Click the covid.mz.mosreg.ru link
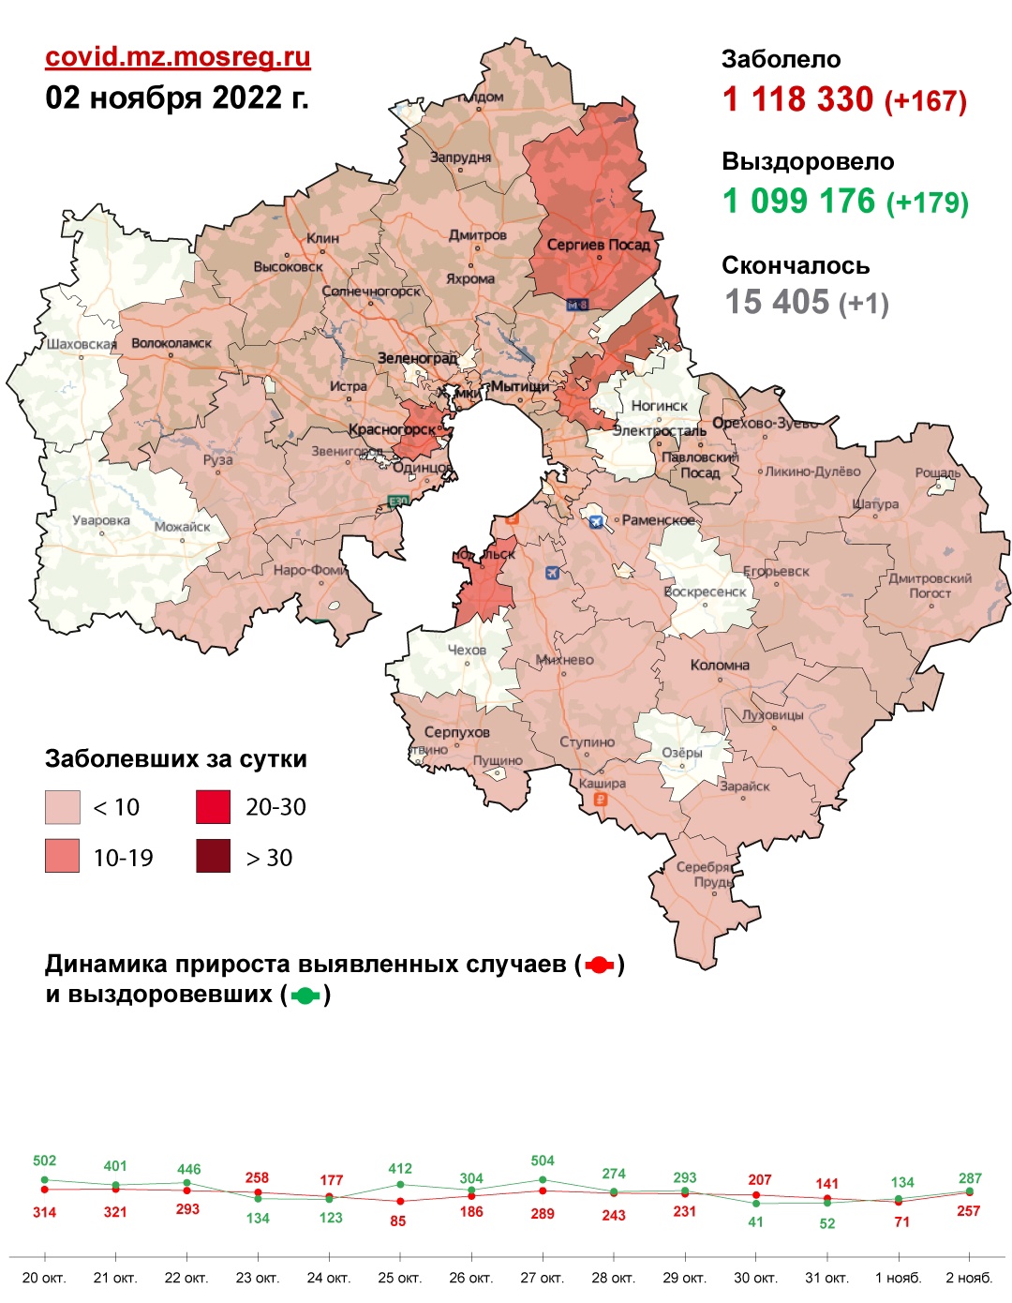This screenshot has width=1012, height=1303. [x=178, y=57]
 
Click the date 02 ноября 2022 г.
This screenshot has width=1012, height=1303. [x=177, y=97]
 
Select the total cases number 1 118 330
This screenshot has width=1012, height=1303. [x=797, y=99]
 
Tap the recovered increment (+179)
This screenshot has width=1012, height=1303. [x=927, y=202]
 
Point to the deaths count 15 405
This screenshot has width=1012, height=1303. [x=777, y=302]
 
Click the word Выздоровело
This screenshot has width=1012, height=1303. [x=808, y=161]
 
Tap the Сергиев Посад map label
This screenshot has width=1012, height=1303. [x=598, y=245]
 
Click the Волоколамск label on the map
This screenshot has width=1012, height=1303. [x=171, y=343]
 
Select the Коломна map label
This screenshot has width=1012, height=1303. [x=720, y=665]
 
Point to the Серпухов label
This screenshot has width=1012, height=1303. [x=456, y=731]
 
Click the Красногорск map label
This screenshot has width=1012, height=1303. [x=393, y=430]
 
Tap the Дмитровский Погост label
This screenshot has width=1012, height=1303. [x=930, y=586]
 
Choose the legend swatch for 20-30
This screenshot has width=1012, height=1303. [x=213, y=807]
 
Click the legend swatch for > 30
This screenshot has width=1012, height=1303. [x=213, y=857]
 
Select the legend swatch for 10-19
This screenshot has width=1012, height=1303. [x=63, y=857]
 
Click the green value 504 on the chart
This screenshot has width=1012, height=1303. [x=543, y=1161]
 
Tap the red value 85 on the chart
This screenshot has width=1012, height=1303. [x=398, y=1221]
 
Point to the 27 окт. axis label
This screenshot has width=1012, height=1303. [x=543, y=1278]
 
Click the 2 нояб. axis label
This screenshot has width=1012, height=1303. [x=969, y=1278]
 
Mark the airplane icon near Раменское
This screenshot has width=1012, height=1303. [x=596, y=521]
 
